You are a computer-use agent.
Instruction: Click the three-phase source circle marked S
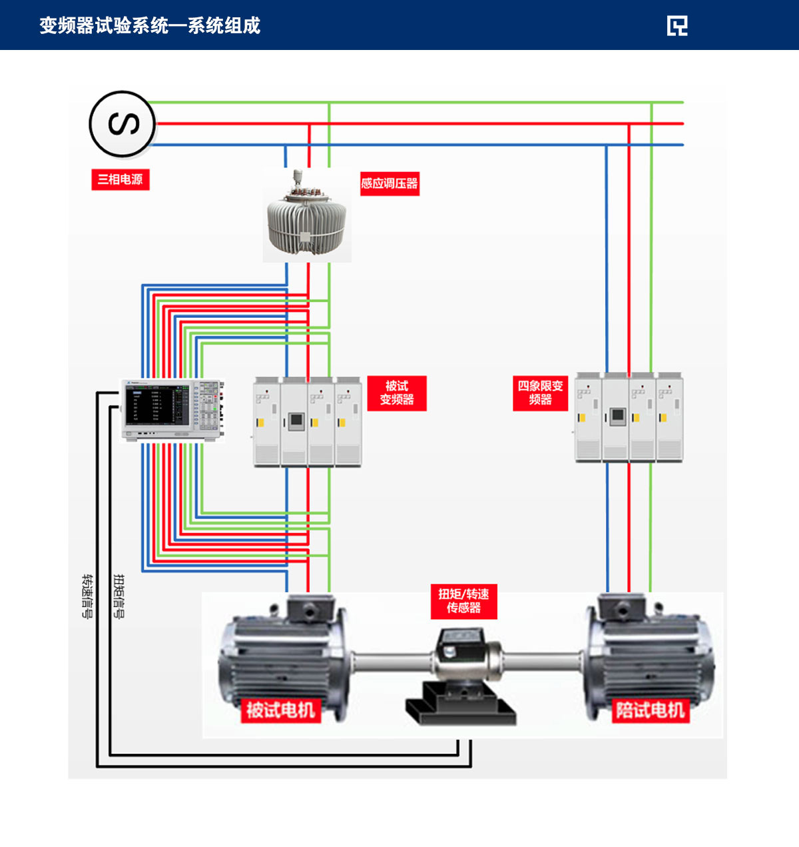click(x=123, y=125)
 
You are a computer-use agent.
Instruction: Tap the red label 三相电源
click(x=121, y=179)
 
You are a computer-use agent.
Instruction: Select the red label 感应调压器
click(x=390, y=183)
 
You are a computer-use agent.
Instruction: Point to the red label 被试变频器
click(x=397, y=393)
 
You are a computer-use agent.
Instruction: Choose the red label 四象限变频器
click(x=540, y=393)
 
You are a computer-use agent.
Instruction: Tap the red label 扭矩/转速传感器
click(x=463, y=601)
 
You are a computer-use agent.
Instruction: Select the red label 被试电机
click(x=280, y=710)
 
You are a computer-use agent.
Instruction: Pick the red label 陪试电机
click(x=650, y=710)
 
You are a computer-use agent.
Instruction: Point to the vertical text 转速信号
click(x=87, y=596)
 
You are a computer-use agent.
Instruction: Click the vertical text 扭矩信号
click(x=119, y=596)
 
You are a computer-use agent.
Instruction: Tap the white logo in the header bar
click(x=677, y=25)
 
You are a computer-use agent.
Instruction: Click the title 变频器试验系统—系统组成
click(x=150, y=25)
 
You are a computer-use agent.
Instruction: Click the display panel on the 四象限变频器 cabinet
click(x=617, y=416)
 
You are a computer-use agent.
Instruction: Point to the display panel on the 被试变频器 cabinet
click(x=295, y=421)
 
